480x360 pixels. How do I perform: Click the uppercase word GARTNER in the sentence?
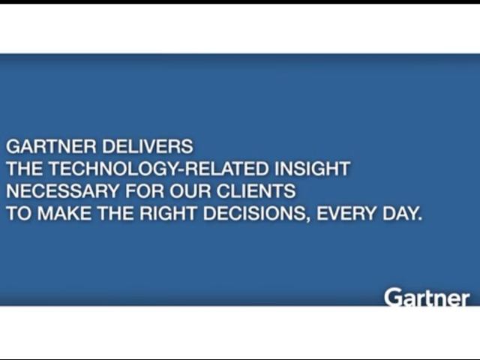[x=51, y=146]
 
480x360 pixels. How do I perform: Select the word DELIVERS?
[x=148, y=146]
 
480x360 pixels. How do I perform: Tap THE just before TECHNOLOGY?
[x=25, y=169]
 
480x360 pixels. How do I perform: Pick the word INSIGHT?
[x=312, y=169]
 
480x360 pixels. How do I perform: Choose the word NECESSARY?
[x=62, y=191]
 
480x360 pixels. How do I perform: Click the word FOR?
[x=145, y=191]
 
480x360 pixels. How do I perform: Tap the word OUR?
[x=190, y=191]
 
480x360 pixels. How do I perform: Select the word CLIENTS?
[x=256, y=191]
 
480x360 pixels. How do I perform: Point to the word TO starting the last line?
[x=19, y=213]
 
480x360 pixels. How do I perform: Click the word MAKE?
[x=64, y=213]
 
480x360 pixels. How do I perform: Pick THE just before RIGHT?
[x=115, y=213]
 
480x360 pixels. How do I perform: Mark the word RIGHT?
[x=168, y=213]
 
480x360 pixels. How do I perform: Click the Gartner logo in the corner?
[x=427, y=297]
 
